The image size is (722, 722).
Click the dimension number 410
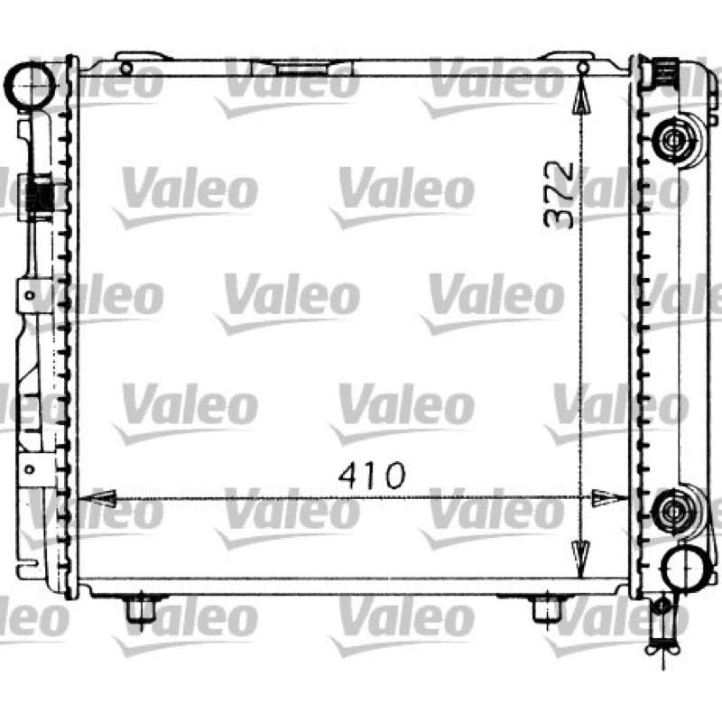[372, 476]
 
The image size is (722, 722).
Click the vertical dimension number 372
[559, 195]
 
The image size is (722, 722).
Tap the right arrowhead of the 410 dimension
[608, 498]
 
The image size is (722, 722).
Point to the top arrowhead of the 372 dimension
[582, 96]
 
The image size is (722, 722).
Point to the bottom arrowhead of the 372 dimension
[580, 559]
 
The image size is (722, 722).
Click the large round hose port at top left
[31, 86]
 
